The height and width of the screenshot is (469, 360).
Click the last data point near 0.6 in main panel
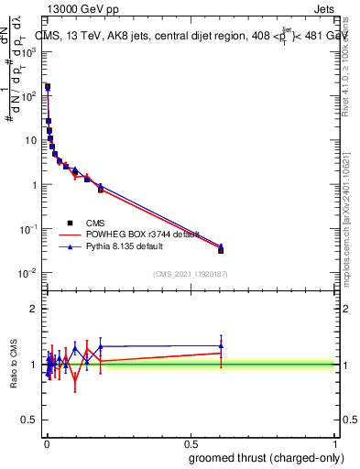tap(221, 249)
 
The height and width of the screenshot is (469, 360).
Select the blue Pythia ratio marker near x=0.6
tap(221, 346)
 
